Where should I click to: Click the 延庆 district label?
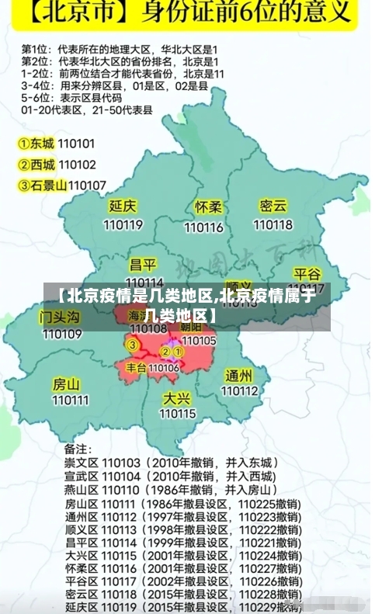tap(123, 207)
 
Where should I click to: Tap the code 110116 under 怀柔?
tap(204, 227)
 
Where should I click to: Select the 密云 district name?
tap(273, 206)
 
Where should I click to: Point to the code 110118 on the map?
tap(273, 225)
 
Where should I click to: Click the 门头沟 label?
tap(60, 317)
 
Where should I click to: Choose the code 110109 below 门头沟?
tap(61, 335)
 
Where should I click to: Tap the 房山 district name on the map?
tap(66, 383)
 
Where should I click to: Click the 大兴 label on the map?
tap(177, 397)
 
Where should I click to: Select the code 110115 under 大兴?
tap(178, 414)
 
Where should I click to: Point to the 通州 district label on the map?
tap(238, 375)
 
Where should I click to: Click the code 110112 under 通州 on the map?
tap(239, 391)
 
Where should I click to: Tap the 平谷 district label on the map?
tap(307, 274)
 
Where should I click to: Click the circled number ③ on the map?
tap(133, 345)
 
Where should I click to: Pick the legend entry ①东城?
tap(36, 144)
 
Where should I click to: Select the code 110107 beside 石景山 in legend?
tap(87, 185)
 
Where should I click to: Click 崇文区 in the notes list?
tap(80, 463)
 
